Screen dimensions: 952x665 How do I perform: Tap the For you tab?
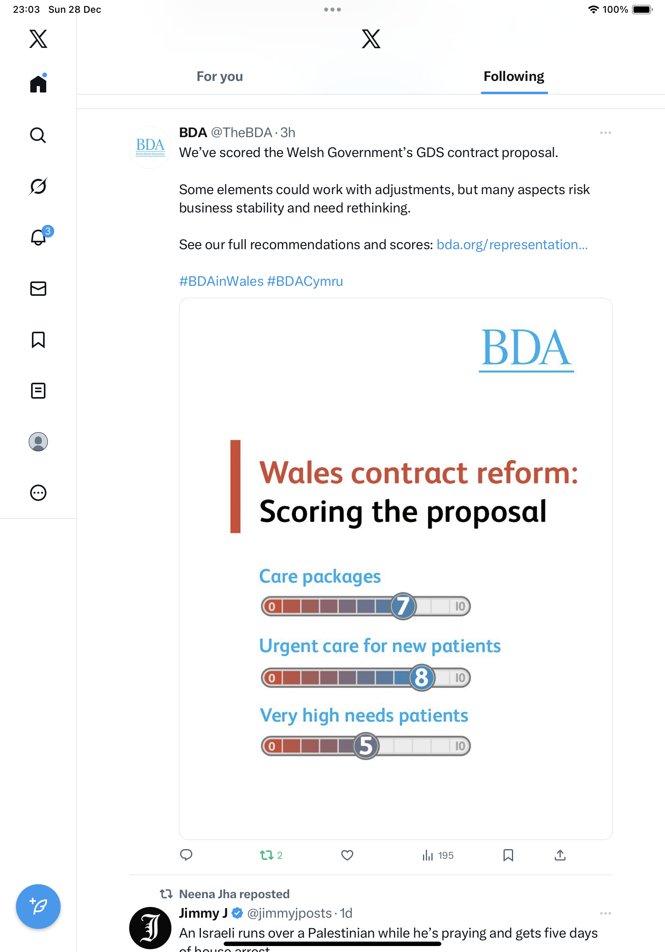[220, 77]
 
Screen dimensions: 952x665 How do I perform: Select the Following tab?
[514, 77]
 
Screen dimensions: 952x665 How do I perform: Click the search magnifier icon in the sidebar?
[38, 135]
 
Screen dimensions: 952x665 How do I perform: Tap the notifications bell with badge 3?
[39, 237]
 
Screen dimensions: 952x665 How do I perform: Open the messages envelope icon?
[38, 289]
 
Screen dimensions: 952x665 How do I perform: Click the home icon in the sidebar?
[38, 84]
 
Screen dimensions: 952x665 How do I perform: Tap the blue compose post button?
[38, 907]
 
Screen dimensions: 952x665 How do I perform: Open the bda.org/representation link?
[512, 245]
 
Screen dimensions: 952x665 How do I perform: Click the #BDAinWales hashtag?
[221, 281]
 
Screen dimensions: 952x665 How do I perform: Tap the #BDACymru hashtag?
[305, 281]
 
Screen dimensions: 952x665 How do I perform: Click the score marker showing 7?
[403, 606]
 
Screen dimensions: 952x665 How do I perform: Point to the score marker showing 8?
[422, 677]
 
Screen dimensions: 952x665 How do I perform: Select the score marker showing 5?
[366, 746]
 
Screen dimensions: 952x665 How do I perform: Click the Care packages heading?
[320, 576]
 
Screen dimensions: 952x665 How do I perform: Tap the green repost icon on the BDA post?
[266, 856]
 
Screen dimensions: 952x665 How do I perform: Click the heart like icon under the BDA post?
[347, 856]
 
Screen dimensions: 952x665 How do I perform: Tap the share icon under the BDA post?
[560, 856]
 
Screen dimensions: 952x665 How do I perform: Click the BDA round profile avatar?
[150, 147]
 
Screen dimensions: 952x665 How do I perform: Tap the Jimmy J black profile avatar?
[150, 928]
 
